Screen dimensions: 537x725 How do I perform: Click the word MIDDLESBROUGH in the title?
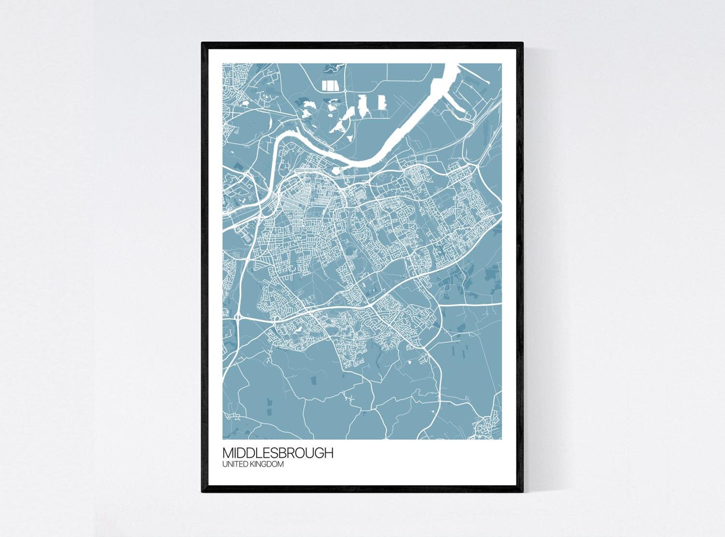click(x=278, y=453)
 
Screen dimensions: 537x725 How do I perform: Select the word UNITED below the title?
click(x=234, y=464)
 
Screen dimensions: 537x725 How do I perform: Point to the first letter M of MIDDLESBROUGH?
click(x=227, y=453)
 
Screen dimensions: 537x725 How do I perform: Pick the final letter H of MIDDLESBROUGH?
click(x=329, y=453)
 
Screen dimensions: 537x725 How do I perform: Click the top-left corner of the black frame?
click(x=203, y=43)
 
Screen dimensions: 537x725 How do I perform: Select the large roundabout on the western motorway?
click(x=238, y=316)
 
